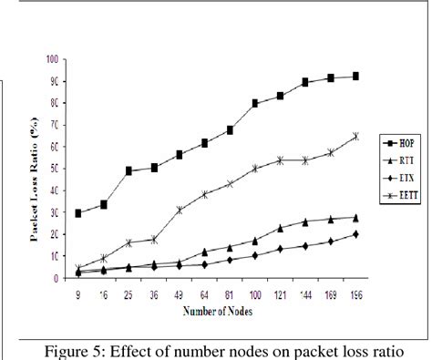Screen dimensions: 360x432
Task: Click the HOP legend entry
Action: [396, 143]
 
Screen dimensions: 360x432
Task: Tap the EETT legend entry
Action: [396, 195]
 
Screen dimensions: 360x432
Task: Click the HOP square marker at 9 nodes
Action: [79, 213]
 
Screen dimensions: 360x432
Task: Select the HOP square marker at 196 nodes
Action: [355, 77]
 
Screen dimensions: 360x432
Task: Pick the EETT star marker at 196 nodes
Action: [355, 136]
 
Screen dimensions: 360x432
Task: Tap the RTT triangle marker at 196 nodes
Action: [355, 217]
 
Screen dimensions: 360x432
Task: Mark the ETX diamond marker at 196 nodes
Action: [355, 234]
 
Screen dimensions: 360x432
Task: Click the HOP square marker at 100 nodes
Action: [254, 103]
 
